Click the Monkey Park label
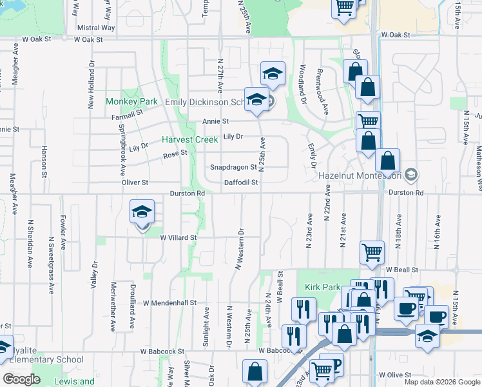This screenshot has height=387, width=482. tap(132, 102)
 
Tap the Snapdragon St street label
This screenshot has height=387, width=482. tap(233, 168)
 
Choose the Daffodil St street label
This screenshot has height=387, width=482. tap(241, 183)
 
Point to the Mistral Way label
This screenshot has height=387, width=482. tap(96, 28)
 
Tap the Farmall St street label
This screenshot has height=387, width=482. tap(126, 114)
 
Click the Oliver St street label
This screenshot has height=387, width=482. tap(135, 183)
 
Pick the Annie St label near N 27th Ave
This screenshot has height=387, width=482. tap(215, 121)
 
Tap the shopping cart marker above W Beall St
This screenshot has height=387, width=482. tap(372, 253)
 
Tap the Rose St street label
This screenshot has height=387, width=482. tap(175, 154)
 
